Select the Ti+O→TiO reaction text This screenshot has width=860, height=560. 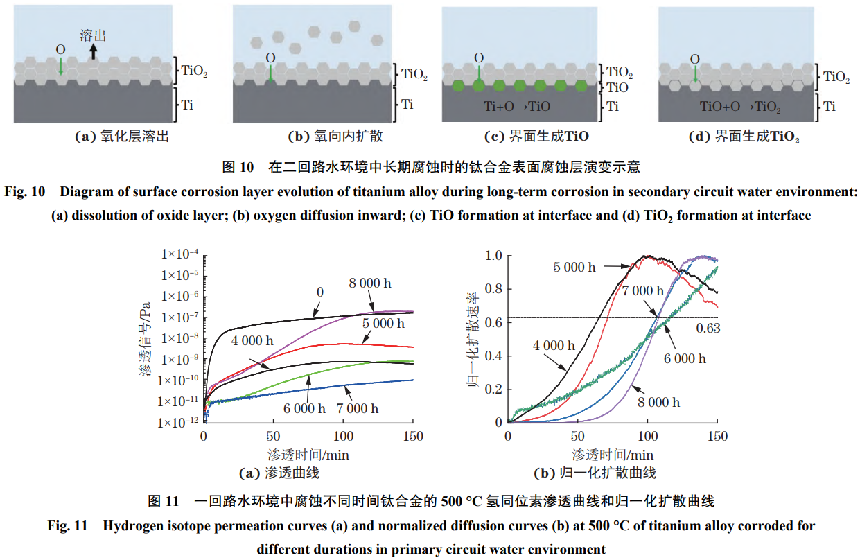(516, 106)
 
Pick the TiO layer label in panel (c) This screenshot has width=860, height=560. (617, 88)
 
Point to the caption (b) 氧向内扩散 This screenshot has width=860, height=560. (335, 137)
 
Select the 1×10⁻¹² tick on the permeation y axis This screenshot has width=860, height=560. (177, 422)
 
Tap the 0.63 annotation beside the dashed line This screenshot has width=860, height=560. (708, 328)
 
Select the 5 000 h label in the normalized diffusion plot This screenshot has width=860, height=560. (574, 266)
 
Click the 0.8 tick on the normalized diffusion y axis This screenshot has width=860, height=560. (492, 289)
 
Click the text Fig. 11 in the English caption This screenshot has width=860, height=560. (66, 526)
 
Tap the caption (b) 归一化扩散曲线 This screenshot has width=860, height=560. (595, 474)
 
